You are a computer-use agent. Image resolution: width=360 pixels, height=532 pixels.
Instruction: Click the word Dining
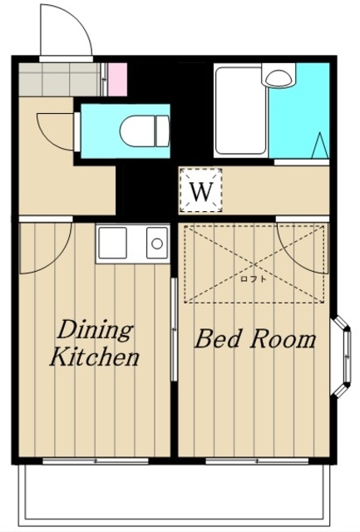click(95, 331)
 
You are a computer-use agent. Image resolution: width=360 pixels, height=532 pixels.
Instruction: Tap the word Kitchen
click(95, 357)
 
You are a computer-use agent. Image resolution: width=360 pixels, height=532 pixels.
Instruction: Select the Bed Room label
click(255, 339)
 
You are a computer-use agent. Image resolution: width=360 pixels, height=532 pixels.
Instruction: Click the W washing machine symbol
click(201, 190)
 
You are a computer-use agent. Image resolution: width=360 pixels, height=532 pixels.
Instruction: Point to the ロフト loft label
click(253, 279)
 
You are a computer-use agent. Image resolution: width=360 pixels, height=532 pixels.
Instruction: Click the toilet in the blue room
click(145, 131)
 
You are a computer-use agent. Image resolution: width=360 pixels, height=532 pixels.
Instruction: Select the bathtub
click(240, 111)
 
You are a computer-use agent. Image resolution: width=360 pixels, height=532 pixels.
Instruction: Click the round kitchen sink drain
click(157, 244)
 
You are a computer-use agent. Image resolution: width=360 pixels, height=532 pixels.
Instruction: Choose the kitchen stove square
click(112, 243)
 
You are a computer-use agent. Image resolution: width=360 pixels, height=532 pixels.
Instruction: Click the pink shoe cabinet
click(117, 80)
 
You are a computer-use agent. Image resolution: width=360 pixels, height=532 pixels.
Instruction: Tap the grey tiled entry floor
click(60, 80)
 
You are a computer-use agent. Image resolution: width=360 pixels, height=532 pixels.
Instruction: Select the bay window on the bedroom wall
click(342, 357)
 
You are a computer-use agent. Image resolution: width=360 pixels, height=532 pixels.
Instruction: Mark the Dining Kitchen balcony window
click(96, 461)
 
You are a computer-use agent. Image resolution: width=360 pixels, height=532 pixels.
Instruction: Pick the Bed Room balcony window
click(257, 461)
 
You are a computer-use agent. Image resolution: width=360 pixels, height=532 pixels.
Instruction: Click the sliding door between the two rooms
click(174, 329)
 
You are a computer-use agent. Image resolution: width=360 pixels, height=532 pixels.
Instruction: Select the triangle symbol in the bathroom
click(320, 145)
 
